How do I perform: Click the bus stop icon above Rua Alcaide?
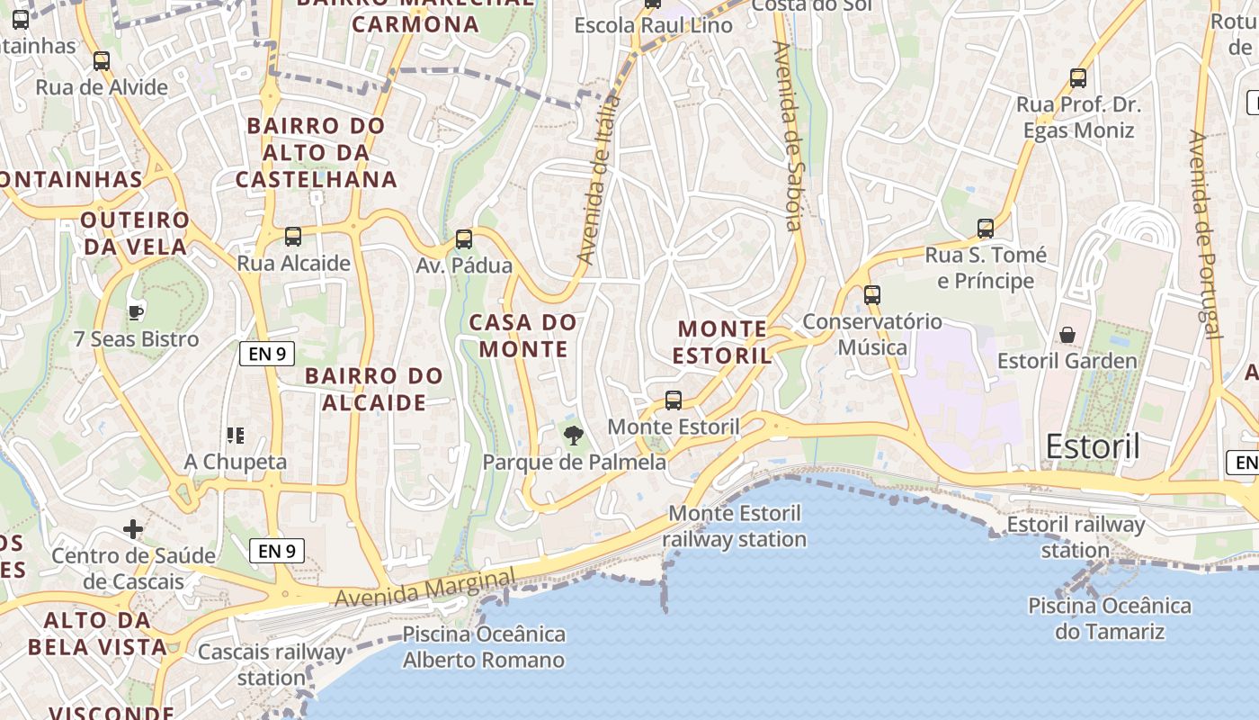[x=292, y=237]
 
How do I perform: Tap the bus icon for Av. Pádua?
[x=463, y=239]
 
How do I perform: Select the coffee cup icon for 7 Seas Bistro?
[x=135, y=312]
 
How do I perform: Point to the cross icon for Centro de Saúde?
[x=133, y=528]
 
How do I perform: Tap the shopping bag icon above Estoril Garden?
[x=1067, y=335]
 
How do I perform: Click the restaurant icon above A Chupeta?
[x=236, y=436]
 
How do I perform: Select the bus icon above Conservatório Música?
[x=871, y=294]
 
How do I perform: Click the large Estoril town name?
[x=1093, y=446]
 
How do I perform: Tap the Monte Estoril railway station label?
[x=735, y=526]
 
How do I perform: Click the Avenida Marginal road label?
[x=425, y=587]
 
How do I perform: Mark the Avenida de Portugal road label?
[x=1204, y=234]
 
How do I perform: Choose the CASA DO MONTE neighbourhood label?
[x=522, y=336]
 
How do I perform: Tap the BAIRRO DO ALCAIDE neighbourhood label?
[x=374, y=389]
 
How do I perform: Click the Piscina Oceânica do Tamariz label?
[x=1109, y=618]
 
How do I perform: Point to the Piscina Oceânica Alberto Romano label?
[x=484, y=647]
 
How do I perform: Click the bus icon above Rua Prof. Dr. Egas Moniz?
[x=1077, y=78]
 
